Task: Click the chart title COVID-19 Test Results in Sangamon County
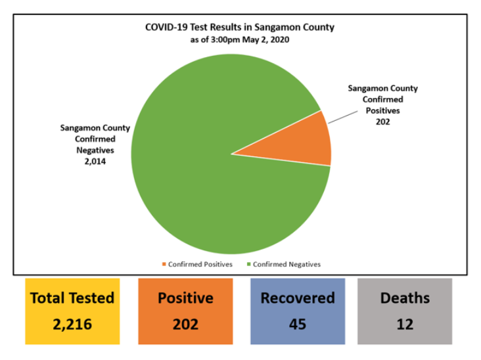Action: coord(240,28)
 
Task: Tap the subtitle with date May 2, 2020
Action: coord(240,39)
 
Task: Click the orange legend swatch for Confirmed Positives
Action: coord(164,265)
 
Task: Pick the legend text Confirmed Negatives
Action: coord(287,265)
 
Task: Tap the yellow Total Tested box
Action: coord(72,311)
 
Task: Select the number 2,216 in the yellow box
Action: coord(72,324)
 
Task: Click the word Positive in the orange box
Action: coord(185,298)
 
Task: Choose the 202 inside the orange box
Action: coord(185,324)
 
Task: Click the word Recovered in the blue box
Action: coord(298,298)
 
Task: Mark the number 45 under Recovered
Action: coord(298,324)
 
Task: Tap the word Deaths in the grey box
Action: coord(405,298)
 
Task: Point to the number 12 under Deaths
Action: coord(405,324)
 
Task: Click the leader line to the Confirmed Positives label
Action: coord(342,116)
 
